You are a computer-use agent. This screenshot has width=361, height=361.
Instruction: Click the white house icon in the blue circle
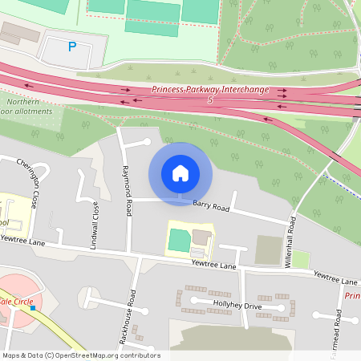180,173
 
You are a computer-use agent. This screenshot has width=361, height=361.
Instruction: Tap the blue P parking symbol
72,47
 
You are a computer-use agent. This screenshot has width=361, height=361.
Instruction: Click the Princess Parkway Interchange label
209,91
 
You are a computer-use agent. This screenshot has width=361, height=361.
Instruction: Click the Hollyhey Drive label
237,306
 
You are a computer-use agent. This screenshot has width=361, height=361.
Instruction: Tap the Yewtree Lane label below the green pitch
214,265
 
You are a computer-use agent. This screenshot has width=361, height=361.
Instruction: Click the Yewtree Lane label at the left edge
22,239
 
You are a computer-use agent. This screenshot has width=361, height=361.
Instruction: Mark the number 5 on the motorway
209,100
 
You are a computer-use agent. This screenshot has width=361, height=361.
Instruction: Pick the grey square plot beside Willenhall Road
270,249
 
